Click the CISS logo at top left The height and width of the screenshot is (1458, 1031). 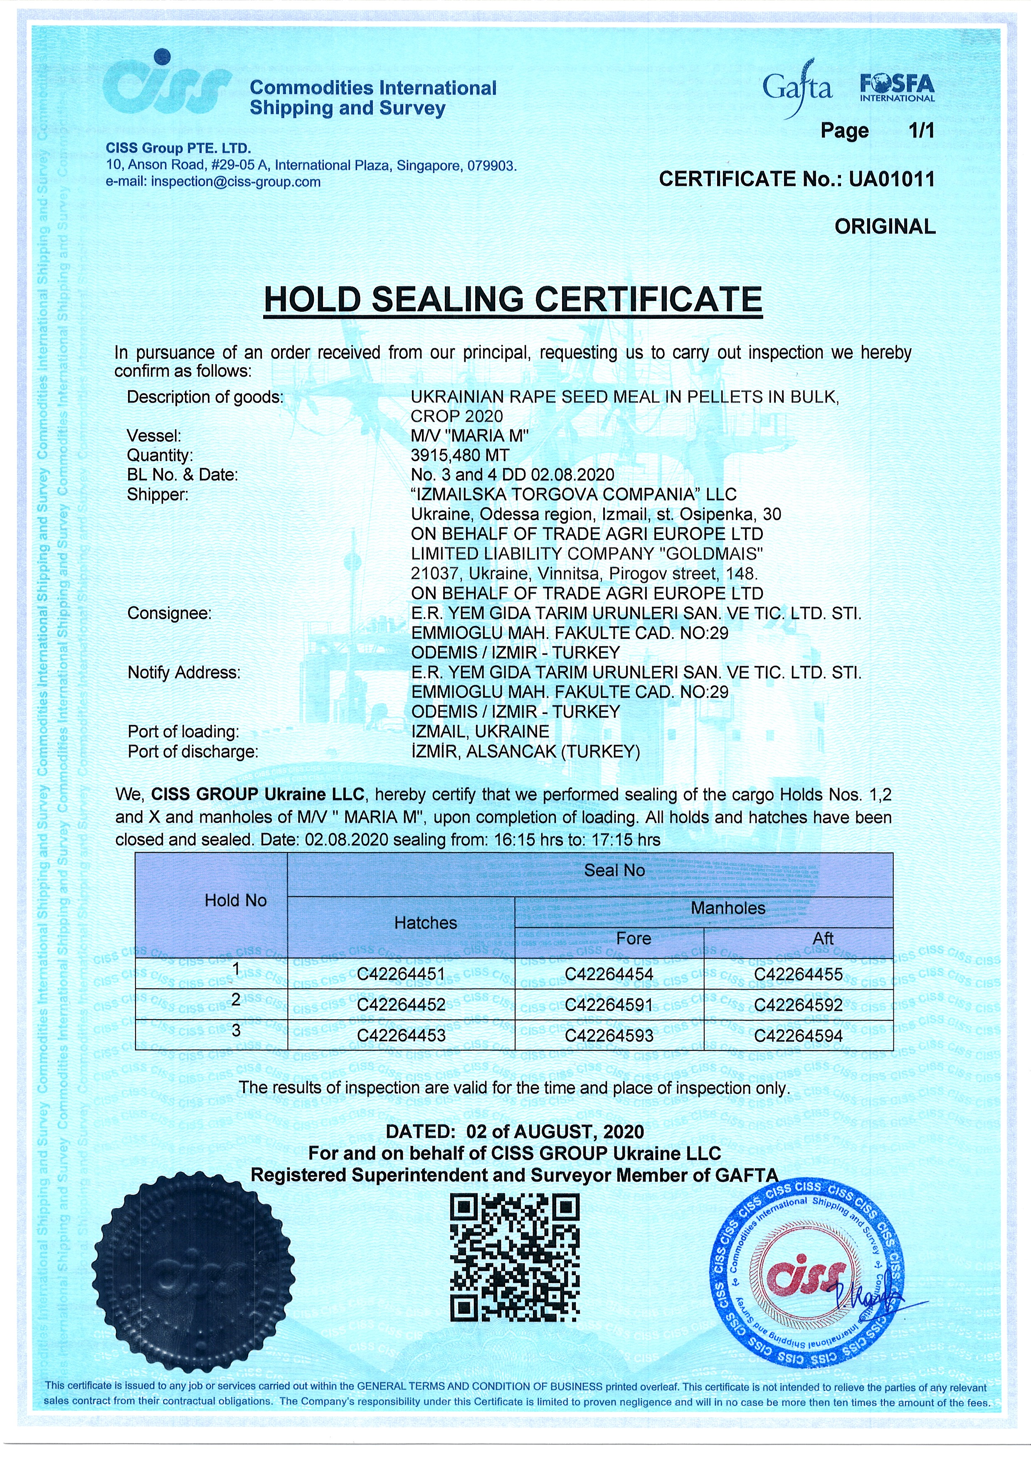coord(166,89)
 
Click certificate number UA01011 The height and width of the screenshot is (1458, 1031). coord(892,180)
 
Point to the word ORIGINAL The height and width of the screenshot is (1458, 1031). coord(885,227)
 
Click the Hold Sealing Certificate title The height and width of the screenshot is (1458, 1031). coord(513,300)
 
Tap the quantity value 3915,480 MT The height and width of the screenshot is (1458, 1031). coord(460,455)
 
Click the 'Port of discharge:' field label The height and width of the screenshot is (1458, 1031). coord(193,752)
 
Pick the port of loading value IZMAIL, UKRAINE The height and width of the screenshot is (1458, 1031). coord(480,731)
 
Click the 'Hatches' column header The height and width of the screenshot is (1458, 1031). coord(426,923)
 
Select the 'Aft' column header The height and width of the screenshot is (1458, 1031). coord(823,938)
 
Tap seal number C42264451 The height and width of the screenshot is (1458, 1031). coord(401,974)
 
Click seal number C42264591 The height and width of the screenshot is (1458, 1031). coord(609,1005)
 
